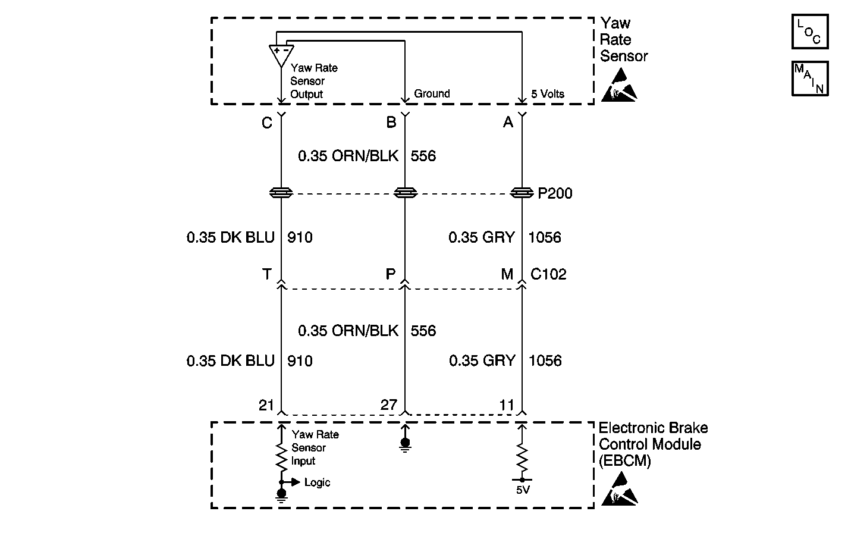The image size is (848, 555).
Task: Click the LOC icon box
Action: pyautogui.click(x=809, y=32)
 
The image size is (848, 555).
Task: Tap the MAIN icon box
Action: pyautogui.click(x=809, y=78)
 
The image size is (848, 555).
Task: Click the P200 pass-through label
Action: pyautogui.click(x=555, y=193)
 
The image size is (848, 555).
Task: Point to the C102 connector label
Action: pyautogui.click(x=548, y=274)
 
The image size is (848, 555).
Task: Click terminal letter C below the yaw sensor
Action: pyautogui.click(x=267, y=123)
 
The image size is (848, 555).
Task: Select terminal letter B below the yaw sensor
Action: pyautogui.click(x=391, y=123)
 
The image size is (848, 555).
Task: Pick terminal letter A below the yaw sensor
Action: pyautogui.click(x=508, y=123)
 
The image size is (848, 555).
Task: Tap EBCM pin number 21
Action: pyautogui.click(x=266, y=405)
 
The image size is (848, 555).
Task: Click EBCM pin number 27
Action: pyautogui.click(x=389, y=405)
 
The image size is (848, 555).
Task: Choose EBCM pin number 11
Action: pyautogui.click(x=507, y=405)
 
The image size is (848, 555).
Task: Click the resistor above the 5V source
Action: pyautogui.click(x=522, y=458)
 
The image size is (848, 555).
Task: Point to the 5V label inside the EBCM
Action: pyautogui.click(x=522, y=490)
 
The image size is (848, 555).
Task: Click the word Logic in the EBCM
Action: pyautogui.click(x=317, y=482)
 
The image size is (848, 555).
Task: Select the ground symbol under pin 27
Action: pyautogui.click(x=405, y=444)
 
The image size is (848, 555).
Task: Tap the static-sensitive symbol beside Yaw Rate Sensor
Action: pyautogui.click(x=619, y=85)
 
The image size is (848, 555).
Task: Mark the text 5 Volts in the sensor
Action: pyautogui.click(x=548, y=94)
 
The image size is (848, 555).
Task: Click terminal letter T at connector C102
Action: pyautogui.click(x=267, y=274)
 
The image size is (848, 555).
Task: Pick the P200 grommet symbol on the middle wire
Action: pyautogui.click(x=406, y=193)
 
